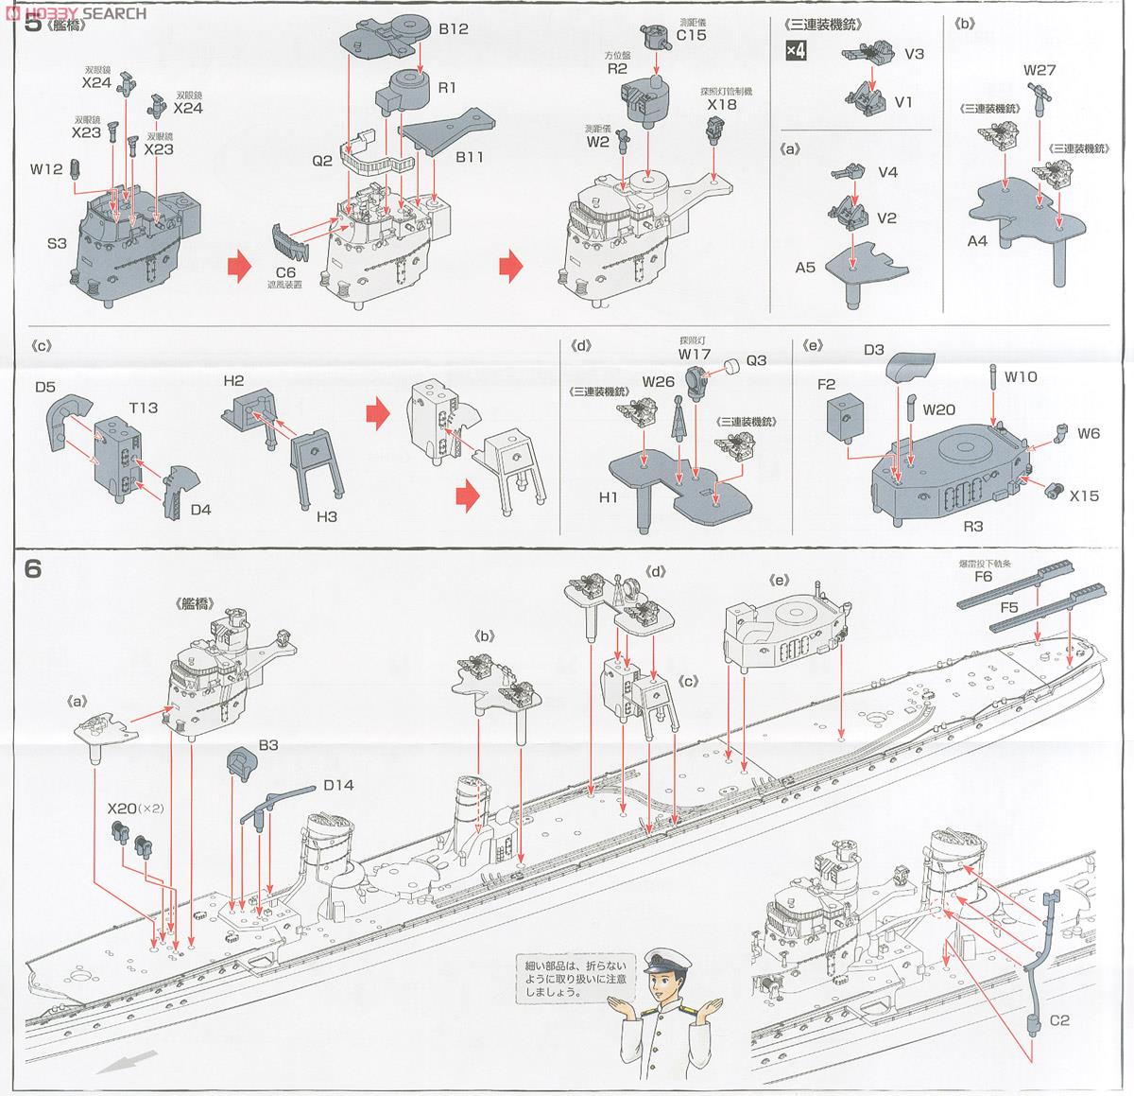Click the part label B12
point(453,29)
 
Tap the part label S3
point(56,244)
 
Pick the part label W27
point(1039,70)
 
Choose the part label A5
point(805,268)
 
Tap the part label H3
point(327,517)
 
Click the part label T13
point(143,408)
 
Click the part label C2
point(1059,1020)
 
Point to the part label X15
point(1084,495)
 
